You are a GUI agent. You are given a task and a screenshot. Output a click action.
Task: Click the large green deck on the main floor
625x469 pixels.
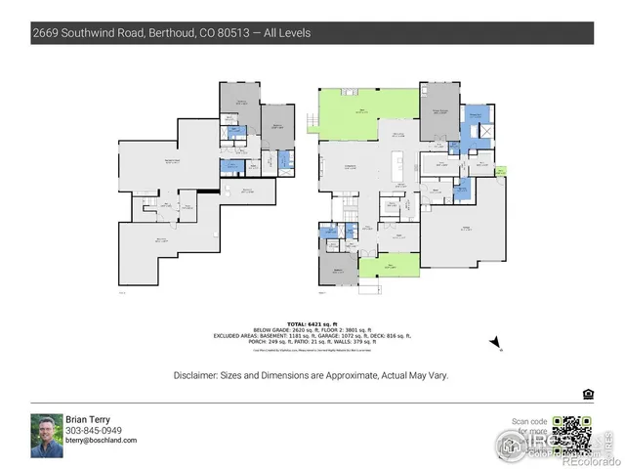click(363, 111)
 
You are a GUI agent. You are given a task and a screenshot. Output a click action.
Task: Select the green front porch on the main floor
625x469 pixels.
click(389, 265)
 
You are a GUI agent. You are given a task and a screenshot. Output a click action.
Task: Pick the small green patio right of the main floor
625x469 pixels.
click(502, 171)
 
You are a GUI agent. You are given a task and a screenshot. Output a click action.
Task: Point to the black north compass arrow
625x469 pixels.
click(496, 341)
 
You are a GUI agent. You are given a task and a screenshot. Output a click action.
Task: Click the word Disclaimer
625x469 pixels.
click(197, 375)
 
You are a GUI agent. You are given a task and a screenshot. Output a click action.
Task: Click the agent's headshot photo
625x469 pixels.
click(46, 435)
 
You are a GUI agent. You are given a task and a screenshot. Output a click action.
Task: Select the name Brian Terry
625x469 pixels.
click(88, 420)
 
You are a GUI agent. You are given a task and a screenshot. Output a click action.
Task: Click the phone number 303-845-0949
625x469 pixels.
click(94, 431)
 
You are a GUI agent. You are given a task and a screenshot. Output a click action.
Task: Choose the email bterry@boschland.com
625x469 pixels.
click(102, 441)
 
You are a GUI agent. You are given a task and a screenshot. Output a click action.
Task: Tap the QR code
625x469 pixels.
click(571, 435)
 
